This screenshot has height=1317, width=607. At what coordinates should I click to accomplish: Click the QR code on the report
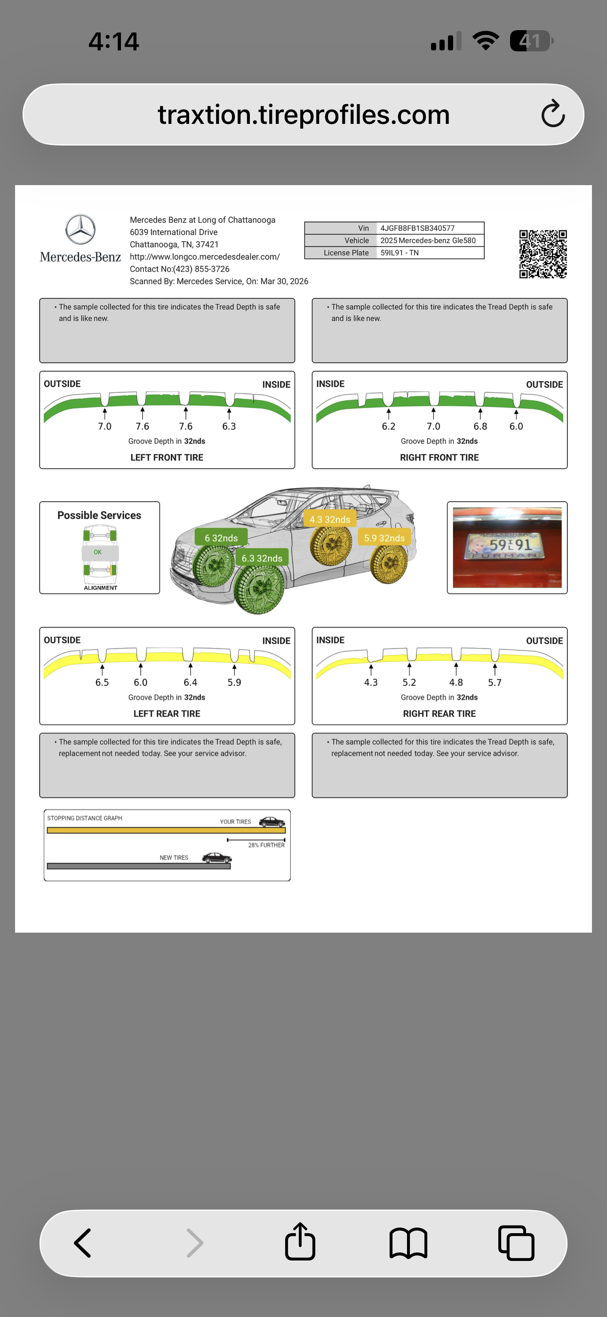pos(543,253)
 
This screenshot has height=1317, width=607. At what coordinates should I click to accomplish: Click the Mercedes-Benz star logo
pos(80,229)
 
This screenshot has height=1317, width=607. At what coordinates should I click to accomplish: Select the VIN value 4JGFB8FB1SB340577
pos(417,228)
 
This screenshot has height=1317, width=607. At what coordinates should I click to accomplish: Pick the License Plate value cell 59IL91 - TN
pos(399,252)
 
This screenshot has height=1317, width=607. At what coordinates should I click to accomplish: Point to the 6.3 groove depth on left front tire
pos(229,426)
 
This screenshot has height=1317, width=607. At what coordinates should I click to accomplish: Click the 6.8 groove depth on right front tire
pos(480,426)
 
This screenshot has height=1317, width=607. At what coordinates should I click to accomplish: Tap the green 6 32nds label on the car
pos(221,538)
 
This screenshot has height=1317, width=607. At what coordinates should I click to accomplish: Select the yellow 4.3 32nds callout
pos(329,520)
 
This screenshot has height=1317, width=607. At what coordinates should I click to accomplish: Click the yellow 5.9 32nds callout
pos(384,538)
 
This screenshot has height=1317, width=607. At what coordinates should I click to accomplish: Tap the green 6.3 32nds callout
pos(262,558)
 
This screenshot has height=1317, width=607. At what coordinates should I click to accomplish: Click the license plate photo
pos(507,547)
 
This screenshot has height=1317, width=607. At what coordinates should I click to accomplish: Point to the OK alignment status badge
pos(97,552)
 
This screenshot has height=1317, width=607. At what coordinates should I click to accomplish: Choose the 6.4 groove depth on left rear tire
pos(190,683)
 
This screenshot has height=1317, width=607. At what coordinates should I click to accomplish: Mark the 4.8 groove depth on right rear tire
pos(456,683)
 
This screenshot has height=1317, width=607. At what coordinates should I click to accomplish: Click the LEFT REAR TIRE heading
pos(167,714)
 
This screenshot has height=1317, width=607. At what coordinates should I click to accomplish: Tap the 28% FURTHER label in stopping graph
pos(266,845)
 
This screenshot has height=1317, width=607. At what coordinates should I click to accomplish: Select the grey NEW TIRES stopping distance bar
pos(138,866)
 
